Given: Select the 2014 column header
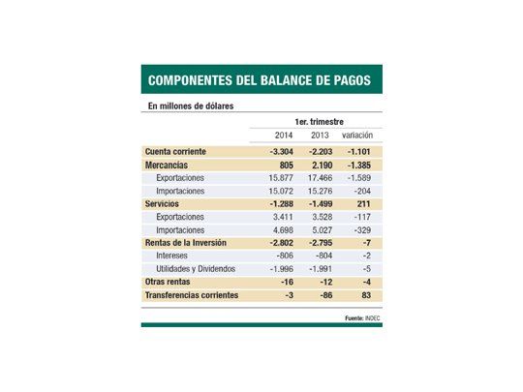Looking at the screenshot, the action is tap(283, 136).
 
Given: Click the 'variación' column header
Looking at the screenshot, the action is tap(363, 136).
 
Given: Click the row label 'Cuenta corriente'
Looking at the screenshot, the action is tap(177, 152).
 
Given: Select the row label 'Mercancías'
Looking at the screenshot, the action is tap(167, 166).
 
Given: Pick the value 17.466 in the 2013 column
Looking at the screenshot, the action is tap(321, 179).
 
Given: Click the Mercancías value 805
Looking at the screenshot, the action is tap(285, 166).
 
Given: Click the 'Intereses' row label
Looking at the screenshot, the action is tap(173, 256).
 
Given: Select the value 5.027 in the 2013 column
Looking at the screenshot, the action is tap(321, 230).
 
